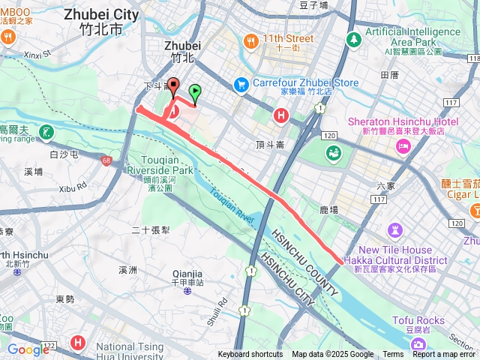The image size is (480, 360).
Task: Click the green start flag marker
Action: pyautogui.click(x=195, y=93)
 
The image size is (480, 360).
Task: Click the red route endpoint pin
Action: pyautogui.click(x=173, y=86)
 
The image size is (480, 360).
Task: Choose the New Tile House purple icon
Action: pyautogui.click(x=396, y=229)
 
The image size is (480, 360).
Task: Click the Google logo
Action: pyautogui.click(x=28, y=349)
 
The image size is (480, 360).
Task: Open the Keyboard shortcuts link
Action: pyautogui.click(x=250, y=355)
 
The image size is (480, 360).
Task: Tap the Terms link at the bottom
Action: pyautogui.click(x=393, y=355)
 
